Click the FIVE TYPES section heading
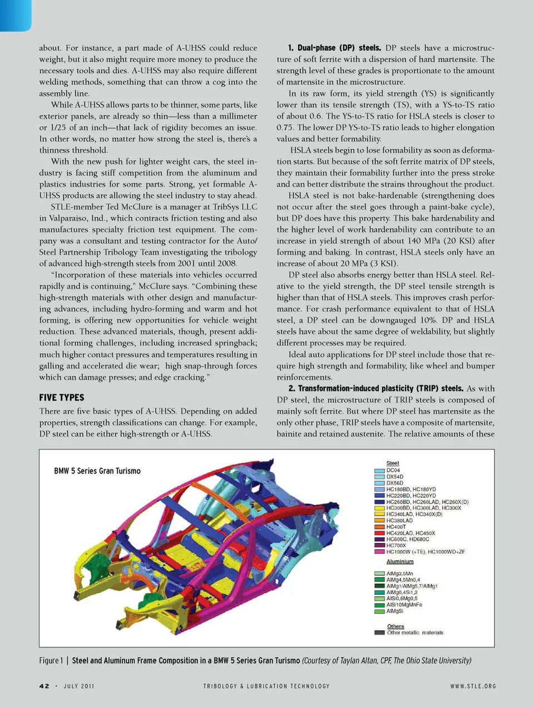tap(62, 397)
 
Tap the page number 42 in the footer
tap(44, 686)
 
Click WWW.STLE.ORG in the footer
tap(473, 686)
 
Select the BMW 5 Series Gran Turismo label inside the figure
tap(97, 471)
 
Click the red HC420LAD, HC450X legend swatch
tap(379, 533)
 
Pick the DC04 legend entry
tap(393, 470)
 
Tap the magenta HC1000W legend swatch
tap(379, 552)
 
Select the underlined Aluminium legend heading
tap(399, 562)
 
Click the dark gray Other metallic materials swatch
tap(379, 632)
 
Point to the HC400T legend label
tap(396, 527)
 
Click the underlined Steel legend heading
tap(393, 463)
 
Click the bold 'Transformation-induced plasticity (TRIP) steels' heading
tap(376, 388)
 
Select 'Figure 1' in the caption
tap(51, 660)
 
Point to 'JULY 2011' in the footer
tap(78, 686)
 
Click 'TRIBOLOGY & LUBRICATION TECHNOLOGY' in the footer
tap(266, 686)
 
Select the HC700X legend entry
tap(396, 546)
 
